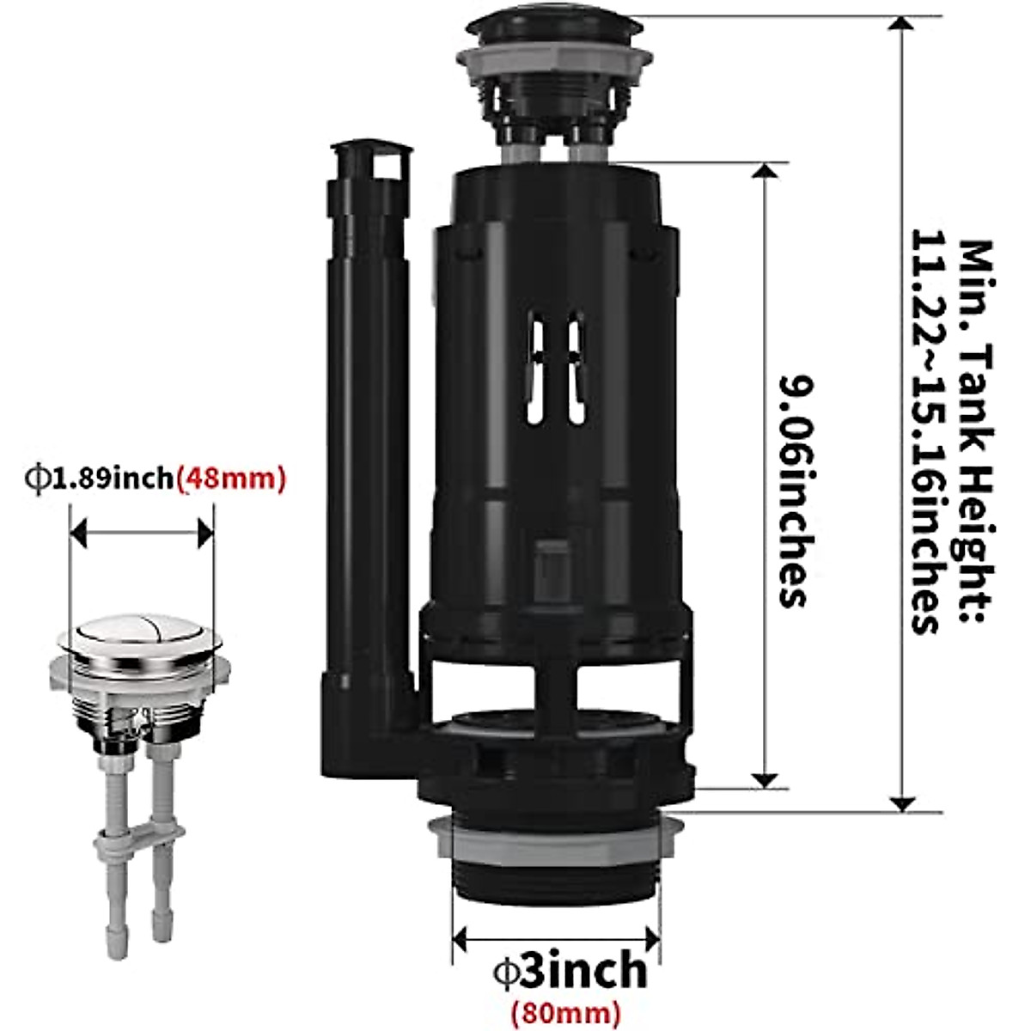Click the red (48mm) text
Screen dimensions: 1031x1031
coord(230,478)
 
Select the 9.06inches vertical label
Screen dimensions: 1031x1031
coord(793,491)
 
